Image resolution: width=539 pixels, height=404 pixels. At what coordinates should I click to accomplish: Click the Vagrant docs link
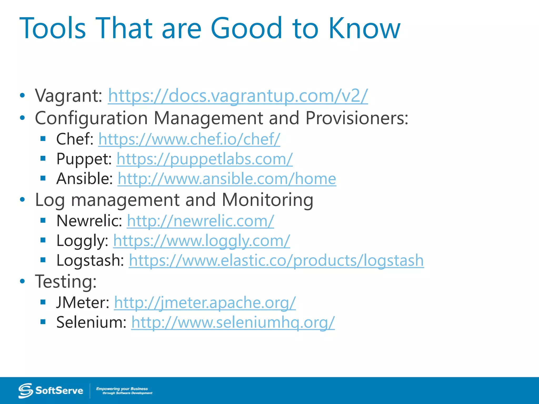coord(238,95)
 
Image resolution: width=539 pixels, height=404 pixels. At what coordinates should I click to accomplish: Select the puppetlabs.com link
coord(204,159)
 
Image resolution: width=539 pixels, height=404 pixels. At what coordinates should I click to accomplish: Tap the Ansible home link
coord(227,179)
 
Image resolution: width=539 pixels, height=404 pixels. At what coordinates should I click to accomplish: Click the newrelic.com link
coord(200,221)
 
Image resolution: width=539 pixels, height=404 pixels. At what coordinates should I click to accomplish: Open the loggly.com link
coord(202,240)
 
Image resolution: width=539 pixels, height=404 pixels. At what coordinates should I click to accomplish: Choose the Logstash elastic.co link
coord(276,260)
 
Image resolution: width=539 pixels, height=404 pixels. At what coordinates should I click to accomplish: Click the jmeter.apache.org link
coord(205,302)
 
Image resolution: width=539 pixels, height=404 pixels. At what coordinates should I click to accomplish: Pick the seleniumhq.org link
coord(233,322)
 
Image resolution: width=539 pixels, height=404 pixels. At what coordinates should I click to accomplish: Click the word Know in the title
coord(364,28)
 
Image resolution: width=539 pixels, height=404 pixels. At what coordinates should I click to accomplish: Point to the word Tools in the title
coord(53,28)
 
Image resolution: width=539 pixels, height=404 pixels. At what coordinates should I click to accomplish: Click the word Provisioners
coord(357,118)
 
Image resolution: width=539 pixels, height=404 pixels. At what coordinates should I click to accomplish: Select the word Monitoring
coord(267,200)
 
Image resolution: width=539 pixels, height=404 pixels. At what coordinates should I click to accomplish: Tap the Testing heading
coord(66,281)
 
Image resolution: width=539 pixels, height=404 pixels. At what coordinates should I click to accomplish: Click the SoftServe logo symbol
coord(26,390)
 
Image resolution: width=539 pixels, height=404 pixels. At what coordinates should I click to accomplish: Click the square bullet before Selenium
coord(43,321)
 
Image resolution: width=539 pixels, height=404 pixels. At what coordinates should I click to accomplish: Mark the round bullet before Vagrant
coord(22,95)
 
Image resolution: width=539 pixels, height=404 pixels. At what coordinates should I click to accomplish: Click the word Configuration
coord(91,118)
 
